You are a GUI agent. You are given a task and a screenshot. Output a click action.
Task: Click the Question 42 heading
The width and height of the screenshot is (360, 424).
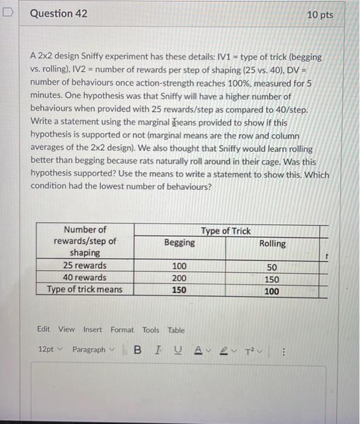pos(58,13)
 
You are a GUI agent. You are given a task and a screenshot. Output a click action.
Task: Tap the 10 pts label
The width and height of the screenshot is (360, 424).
pos(319,14)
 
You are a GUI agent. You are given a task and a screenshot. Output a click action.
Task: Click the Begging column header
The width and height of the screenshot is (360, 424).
pos(180,242)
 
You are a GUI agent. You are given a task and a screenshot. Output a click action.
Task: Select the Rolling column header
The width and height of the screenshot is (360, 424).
pos(272,243)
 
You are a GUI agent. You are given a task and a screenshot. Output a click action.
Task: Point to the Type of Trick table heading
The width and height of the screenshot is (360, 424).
pos(226,231)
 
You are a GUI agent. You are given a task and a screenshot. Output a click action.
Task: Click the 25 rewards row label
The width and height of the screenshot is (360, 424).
pos(85,265)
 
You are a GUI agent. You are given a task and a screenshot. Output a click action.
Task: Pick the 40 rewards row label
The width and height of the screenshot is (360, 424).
pos(85,277)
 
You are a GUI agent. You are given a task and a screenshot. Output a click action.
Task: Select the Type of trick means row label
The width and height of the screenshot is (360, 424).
pos(85,289)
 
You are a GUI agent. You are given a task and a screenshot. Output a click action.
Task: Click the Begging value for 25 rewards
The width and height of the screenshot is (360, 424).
pos(180,266)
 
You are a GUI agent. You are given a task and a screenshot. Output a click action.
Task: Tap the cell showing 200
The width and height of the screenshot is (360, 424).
pos(180,278)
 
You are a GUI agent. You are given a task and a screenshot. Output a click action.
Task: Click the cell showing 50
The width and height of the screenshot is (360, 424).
pos(272,267)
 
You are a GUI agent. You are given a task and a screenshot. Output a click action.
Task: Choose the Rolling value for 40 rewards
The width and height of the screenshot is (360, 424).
pos(272,279)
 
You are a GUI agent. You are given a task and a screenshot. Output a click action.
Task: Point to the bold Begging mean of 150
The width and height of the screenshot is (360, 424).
pos(179,290)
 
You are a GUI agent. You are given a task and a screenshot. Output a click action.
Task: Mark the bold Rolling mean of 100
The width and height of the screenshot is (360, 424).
pos(272,291)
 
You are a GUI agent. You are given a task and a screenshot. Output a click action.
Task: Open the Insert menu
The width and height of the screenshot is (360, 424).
pos(93,330)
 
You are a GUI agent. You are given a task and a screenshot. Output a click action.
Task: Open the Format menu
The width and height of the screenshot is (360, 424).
pos(122,330)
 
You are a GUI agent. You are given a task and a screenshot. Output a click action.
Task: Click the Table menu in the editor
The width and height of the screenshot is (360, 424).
pos(176,330)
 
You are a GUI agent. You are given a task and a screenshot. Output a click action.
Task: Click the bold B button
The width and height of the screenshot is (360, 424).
pos(138,350)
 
